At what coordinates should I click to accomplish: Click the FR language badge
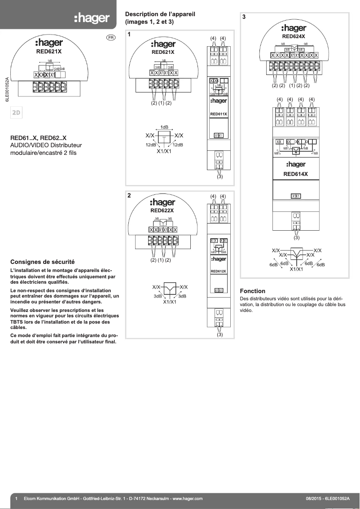111,38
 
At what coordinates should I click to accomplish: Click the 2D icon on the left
16,112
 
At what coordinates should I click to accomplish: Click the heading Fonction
253,291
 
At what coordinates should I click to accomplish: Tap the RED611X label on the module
219,114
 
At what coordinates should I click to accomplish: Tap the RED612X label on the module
219,271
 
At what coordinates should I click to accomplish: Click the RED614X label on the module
295,174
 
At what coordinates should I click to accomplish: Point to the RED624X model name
294,36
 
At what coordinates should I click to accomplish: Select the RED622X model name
162,210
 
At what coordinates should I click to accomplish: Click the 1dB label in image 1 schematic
164,127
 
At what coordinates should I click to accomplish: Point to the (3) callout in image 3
296,238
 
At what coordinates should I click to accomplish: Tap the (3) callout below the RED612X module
220,334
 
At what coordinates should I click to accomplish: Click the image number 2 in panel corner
129,196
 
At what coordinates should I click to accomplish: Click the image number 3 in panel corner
244,17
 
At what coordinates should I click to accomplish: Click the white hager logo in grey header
92,18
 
